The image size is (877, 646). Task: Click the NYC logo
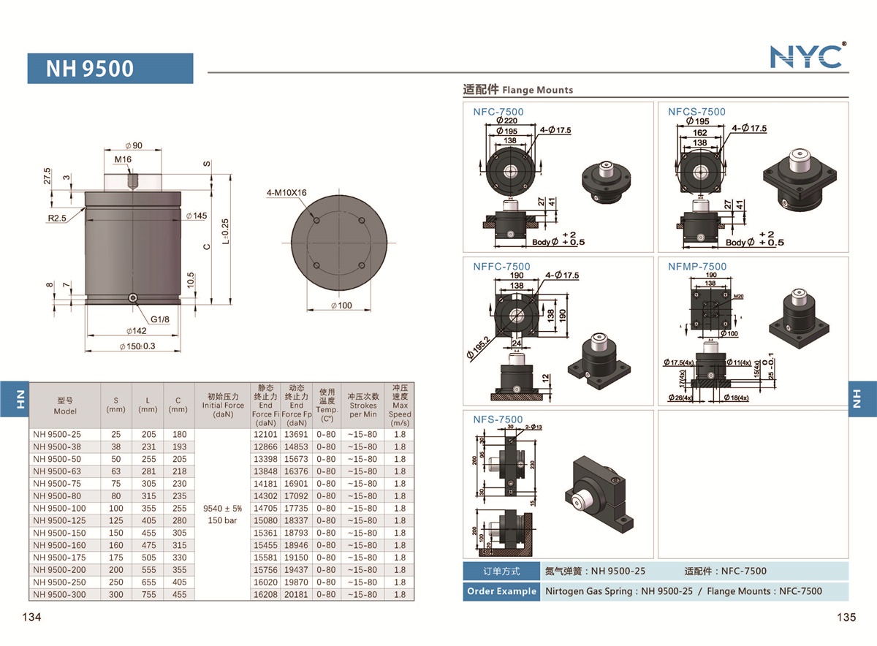(x=807, y=56)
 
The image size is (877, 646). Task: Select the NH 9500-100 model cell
(x=59, y=508)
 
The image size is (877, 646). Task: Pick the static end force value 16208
(x=265, y=594)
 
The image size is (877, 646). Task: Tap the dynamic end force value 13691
(x=296, y=434)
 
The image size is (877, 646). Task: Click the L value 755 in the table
(x=148, y=594)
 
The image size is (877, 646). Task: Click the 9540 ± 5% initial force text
(x=223, y=508)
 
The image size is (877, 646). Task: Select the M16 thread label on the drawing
(x=123, y=159)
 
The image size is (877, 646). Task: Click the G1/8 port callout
(x=161, y=319)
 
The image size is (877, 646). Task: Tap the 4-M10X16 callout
(x=286, y=193)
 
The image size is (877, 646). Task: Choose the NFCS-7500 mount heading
(x=696, y=112)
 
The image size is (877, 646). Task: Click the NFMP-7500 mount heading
(x=697, y=266)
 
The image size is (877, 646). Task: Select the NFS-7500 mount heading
(x=498, y=419)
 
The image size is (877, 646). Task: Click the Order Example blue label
(x=501, y=591)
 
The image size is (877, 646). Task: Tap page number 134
(x=31, y=617)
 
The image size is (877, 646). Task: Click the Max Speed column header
(x=400, y=406)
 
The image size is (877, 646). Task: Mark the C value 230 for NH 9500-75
(x=178, y=483)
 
